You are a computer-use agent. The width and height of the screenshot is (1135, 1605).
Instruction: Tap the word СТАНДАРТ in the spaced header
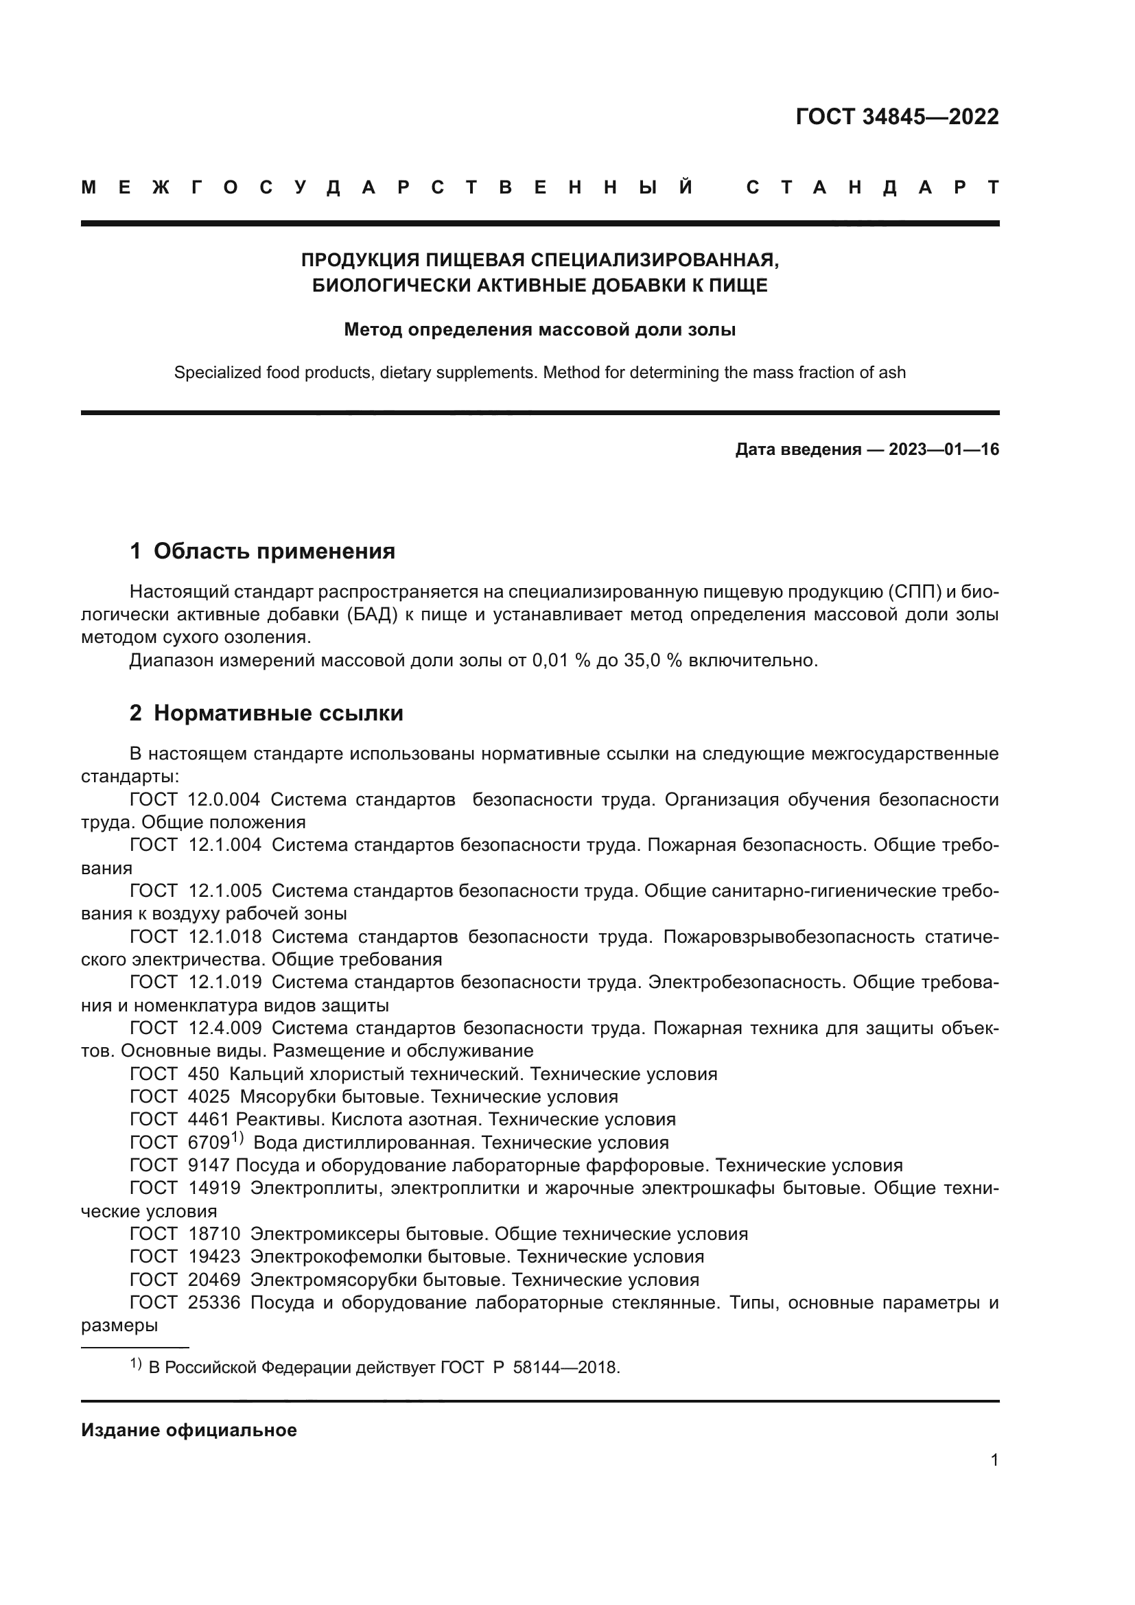pyautogui.click(x=873, y=187)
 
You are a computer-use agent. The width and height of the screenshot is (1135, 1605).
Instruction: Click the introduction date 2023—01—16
pyautogui.click(x=944, y=449)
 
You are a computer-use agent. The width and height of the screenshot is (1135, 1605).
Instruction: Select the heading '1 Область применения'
pyautogui.click(x=262, y=551)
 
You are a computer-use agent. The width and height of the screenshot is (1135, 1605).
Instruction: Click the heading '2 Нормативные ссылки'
pyautogui.click(x=266, y=713)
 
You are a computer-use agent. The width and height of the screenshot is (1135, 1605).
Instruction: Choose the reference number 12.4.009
pyautogui.click(x=225, y=1028)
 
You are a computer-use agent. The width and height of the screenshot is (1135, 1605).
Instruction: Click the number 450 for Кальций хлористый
pyautogui.click(x=203, y=1074)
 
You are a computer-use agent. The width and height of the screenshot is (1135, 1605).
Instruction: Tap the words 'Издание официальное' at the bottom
pyautogui.click(x=189, y=1430)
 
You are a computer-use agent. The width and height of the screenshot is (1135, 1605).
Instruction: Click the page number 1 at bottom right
pyautogui.click(x=994, y=1460)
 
